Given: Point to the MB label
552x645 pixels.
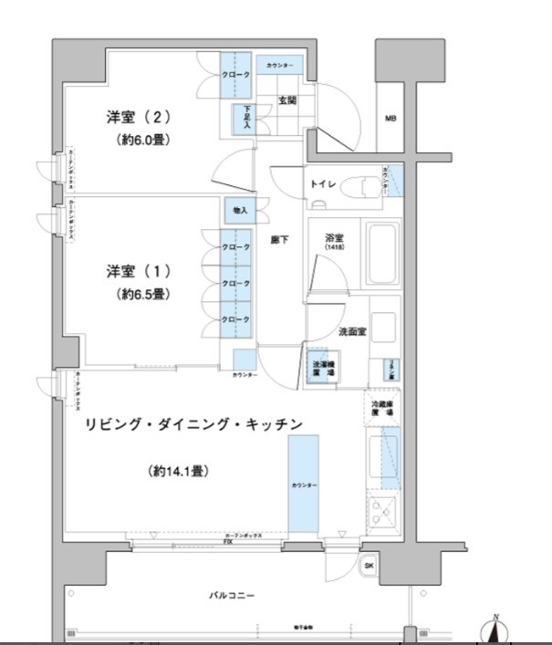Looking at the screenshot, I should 391,119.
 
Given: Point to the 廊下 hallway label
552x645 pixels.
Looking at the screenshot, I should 280,241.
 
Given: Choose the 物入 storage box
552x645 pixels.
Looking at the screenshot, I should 239,211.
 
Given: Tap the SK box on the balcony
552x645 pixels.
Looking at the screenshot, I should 368,566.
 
